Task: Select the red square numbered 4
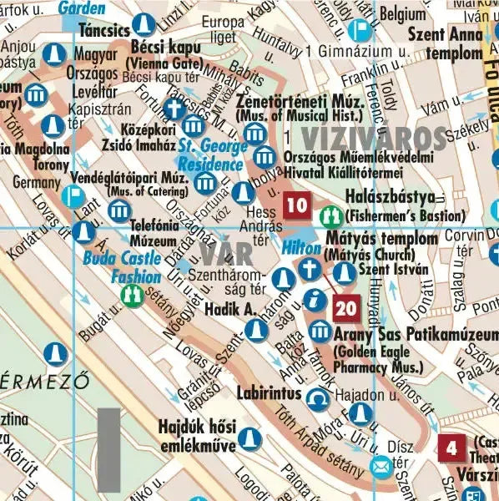(451, 448)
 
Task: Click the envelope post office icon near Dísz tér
(381, 466)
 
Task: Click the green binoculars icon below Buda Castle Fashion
(132, 294)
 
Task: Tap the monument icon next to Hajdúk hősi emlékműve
(247, 438)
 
